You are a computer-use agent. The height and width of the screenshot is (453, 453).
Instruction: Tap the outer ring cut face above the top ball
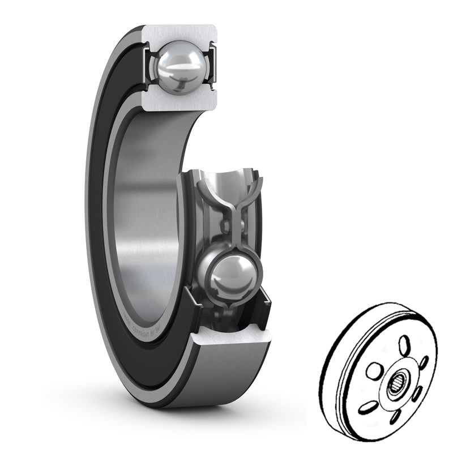[180, 33]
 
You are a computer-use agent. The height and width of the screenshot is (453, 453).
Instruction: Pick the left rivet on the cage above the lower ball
[225, 227]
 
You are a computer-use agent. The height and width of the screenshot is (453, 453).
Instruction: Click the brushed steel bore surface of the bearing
[147, 226]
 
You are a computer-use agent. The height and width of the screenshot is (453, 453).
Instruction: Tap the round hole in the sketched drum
[373, 371]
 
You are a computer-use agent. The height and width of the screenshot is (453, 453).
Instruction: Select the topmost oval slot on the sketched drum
[404, 345]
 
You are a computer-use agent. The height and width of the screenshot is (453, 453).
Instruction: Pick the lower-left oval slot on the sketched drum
[369, 406]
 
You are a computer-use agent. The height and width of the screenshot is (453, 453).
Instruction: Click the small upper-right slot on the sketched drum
[423, 362]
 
